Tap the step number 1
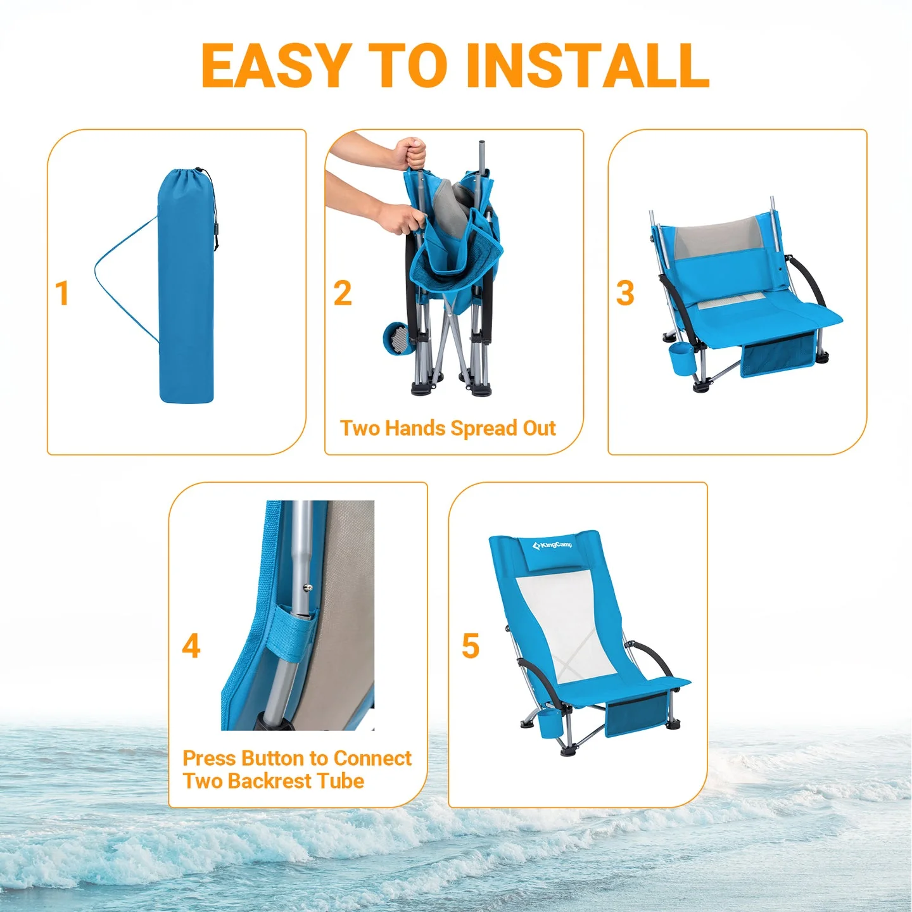[x=62, y=293]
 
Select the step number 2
[x=343, y=293]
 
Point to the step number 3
[x=625, y=293]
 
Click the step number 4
[x=191, y=647]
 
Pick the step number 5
[x=471, y=647]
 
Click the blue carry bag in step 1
[x=186, y=291]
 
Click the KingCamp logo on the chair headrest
[x=552, y=545]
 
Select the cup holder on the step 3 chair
[x=683, y=360]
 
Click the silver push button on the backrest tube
[x=308, y=588]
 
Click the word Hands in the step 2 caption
[x=415, y=429]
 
